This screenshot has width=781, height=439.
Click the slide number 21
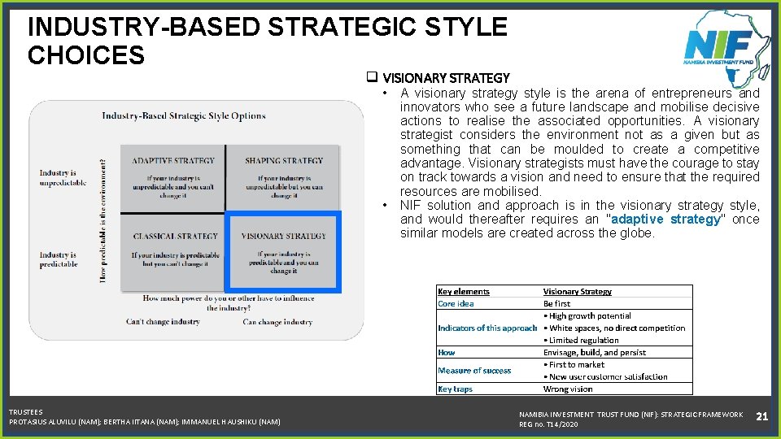click(762, 416)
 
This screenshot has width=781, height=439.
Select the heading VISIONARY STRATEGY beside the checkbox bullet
click(446, 78)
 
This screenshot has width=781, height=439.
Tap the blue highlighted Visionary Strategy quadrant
click(283, 252)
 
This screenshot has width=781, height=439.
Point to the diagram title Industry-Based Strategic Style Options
click(183, 115)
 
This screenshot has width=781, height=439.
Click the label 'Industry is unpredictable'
click(63, 177)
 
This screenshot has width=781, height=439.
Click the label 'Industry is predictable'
click(59, 259)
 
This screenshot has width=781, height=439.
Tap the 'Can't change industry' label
click(163, 322)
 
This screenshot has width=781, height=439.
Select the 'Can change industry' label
click(277, 322)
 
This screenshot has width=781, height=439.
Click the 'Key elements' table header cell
click(464, 291)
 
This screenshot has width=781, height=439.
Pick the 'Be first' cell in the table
click(557, 303)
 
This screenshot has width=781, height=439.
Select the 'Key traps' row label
click(455, 389)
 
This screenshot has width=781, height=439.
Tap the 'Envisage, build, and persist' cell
click(595, 352)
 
